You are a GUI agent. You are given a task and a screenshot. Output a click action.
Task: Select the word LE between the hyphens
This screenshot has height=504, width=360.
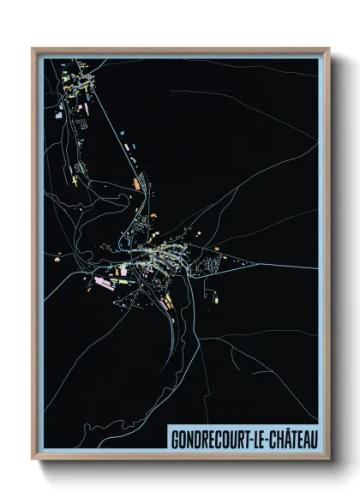[x=253, y=440]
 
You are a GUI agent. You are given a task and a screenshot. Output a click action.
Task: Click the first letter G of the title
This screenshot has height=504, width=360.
[x=174, y=440]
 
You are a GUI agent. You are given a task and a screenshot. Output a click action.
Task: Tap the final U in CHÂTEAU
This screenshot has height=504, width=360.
[x=313, y=440]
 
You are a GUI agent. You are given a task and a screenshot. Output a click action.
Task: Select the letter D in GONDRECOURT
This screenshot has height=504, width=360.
[x=196, y=440]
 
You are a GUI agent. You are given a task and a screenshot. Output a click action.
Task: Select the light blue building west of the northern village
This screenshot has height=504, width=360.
[x=58, y=112]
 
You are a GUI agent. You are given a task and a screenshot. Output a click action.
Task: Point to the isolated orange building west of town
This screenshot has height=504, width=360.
[x=57, y=255]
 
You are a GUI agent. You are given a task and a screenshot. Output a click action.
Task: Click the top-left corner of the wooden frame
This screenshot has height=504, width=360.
[x=33, y=49]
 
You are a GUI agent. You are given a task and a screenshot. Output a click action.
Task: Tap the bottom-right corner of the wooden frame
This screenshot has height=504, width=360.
[x=328, y=459]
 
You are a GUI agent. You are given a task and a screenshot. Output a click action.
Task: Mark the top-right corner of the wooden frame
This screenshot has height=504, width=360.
[x=328, y=49]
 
